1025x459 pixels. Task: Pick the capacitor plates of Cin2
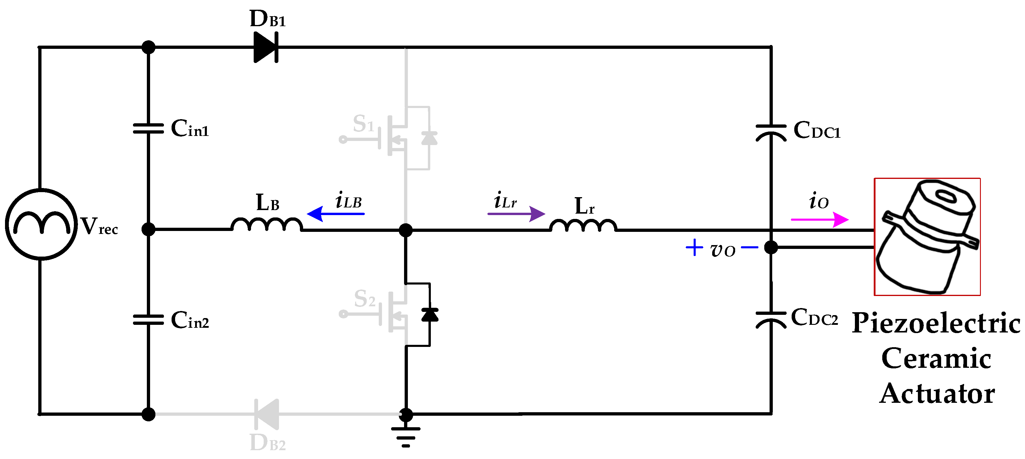click(148, 320)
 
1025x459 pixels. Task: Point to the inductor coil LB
click(267, 225)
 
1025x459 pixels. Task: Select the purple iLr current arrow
click(516, 214)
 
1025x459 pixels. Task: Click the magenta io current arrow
click(819, 219)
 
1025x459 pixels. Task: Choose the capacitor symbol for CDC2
click(771, 320)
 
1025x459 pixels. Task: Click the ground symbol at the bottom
click(406, 437)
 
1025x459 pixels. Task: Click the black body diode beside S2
click(430, 315)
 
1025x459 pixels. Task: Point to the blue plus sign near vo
click(694, 247)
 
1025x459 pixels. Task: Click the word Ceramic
click(936, 358)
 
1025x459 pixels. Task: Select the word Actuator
click(937, 394)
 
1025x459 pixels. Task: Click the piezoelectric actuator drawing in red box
click(927, 237)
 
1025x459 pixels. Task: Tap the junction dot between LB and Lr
click(406, 230)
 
